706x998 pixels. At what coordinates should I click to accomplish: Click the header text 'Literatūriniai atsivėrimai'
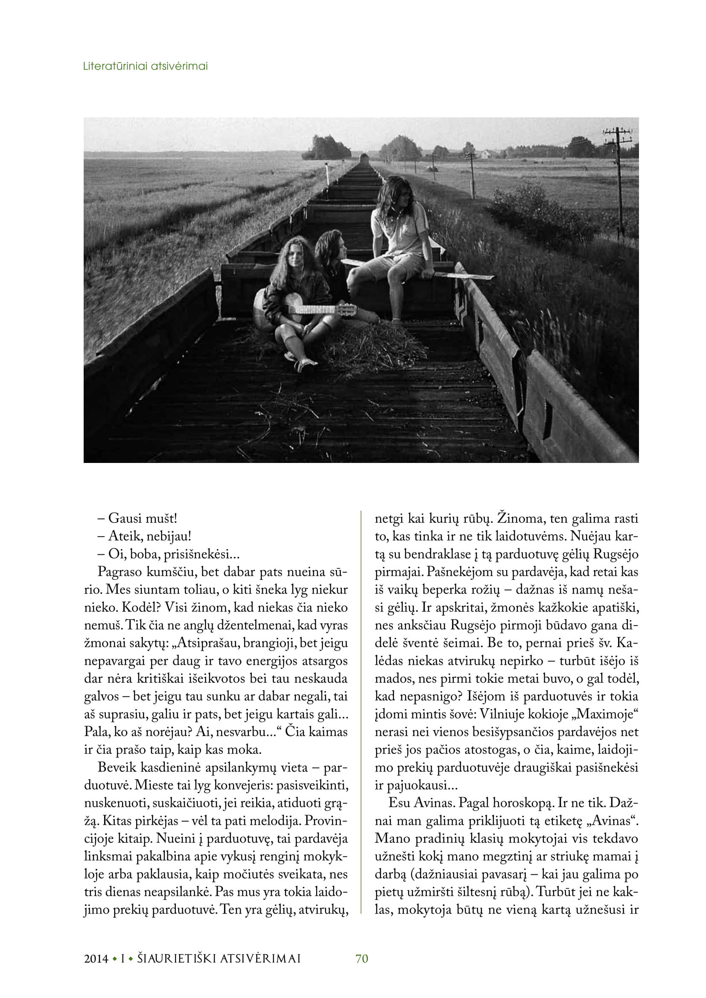(145, 67)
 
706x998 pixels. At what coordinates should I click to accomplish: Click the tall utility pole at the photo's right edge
(618, 174)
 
